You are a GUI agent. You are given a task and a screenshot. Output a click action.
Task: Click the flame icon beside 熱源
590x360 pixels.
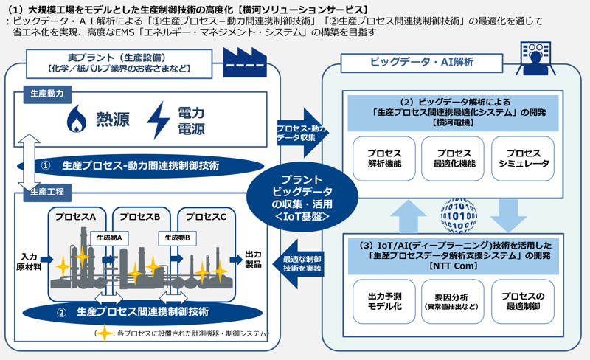click(x=77, y=118)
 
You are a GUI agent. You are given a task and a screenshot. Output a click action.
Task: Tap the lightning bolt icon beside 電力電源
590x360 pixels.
click(x=159, y=119)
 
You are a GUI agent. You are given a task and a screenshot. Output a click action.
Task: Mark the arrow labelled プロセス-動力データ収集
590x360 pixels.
click(x=298, y=131)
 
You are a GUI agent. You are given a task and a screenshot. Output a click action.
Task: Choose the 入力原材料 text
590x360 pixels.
click(x=28, y=261)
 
